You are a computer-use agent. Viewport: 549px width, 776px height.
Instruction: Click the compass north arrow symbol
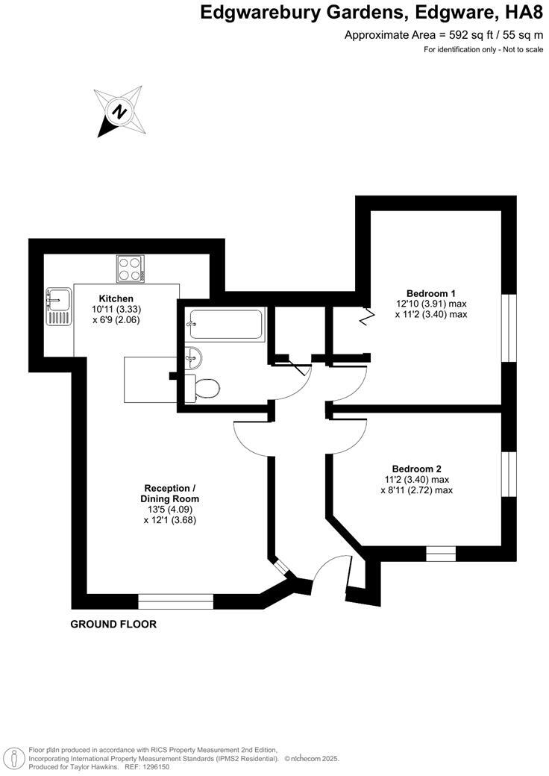(118, 111)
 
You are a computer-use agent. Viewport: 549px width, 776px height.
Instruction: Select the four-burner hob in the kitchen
(131, 269)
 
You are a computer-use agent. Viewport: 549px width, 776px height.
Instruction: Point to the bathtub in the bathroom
(226, 325)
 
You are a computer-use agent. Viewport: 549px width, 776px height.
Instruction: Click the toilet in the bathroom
(205, 388)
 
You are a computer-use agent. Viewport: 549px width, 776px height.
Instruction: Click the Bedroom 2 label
(418, 469)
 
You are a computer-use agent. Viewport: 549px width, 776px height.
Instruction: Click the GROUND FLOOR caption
(113, 624)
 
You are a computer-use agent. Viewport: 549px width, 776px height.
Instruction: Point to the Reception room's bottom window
(176, 601)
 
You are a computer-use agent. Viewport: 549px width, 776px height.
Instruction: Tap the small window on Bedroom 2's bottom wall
(440, 554)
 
